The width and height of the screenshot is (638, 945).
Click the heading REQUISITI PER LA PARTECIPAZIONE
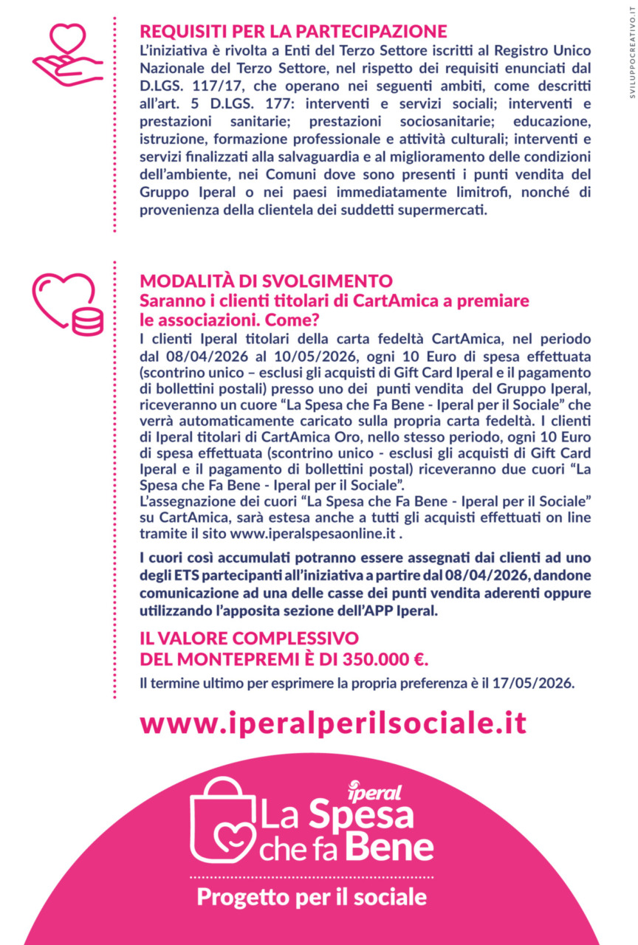[293, 32]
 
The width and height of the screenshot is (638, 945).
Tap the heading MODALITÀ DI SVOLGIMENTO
[266, 281]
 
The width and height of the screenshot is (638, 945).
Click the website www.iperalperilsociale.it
[333, 723]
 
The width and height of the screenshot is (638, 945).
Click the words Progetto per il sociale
[311, 897]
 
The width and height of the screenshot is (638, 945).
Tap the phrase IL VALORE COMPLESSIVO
[249, 639]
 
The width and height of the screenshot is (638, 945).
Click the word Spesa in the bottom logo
[360, 815]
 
